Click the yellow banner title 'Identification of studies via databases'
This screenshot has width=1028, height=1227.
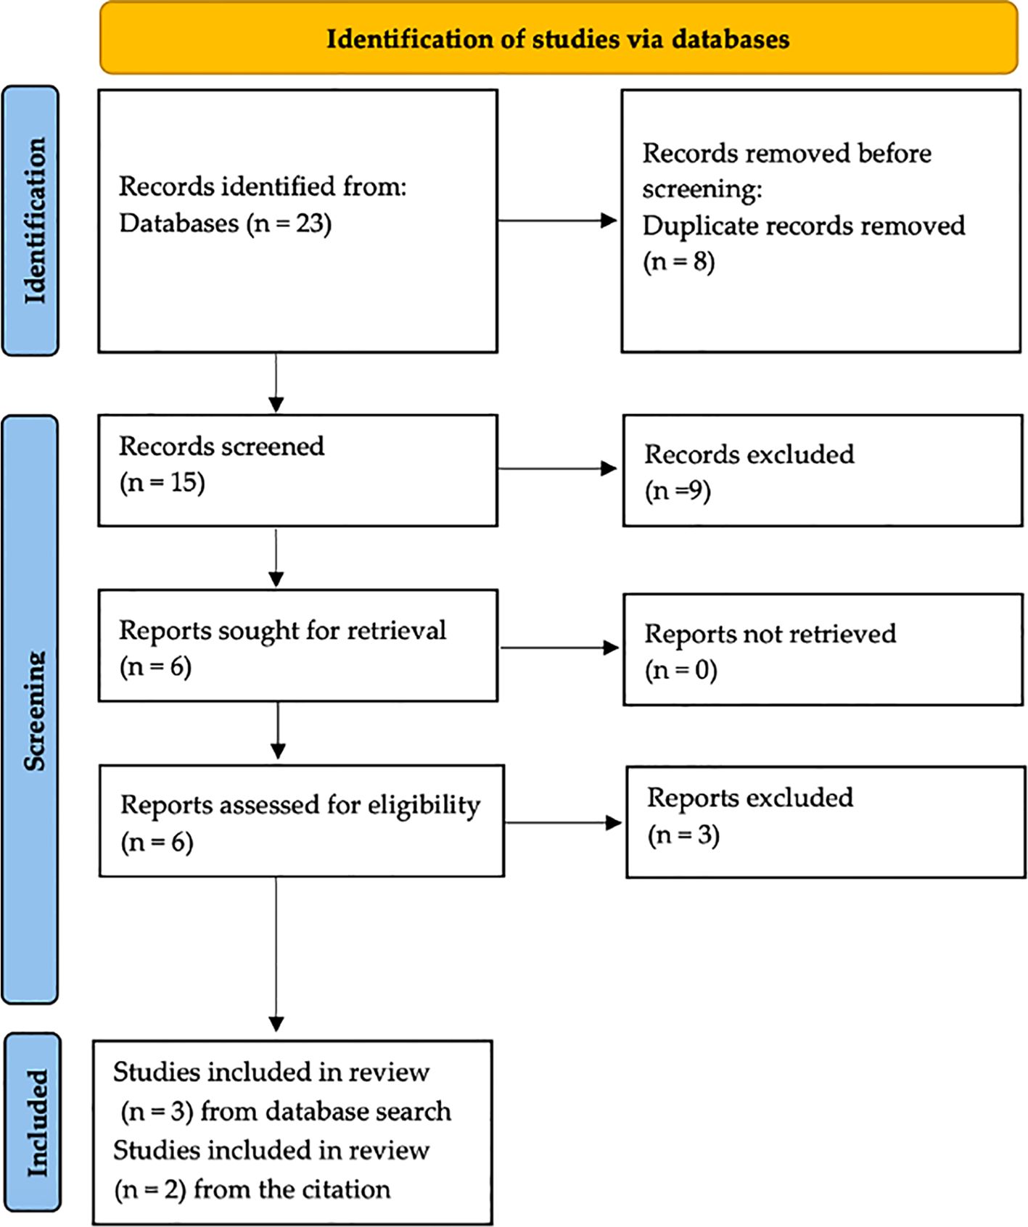(558, 38)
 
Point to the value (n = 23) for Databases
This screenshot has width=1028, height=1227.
(289, 223)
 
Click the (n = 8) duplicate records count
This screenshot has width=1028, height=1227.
(679, 261)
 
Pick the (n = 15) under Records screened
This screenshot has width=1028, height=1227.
(163, 482)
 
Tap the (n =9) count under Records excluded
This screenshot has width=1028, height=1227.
(678, 491)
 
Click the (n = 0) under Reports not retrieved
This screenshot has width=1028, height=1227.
(681, 669)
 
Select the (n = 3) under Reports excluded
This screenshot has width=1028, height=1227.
(683, 835)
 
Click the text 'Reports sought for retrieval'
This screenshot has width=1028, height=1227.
(283, 630)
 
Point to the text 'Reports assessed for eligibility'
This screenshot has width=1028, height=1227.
(300, 806)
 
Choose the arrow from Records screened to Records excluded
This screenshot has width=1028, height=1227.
(557, 468)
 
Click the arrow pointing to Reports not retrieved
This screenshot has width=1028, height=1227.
(560, 648)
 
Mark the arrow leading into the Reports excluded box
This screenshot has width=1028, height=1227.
(563, 823)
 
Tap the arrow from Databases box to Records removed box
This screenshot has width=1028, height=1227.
(557, 220)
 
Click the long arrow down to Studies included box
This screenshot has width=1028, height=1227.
(276, 954)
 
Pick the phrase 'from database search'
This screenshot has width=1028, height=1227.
(326, 1111)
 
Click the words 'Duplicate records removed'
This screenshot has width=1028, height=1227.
(804, 226)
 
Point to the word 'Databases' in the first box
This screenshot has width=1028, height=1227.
(179, 223)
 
